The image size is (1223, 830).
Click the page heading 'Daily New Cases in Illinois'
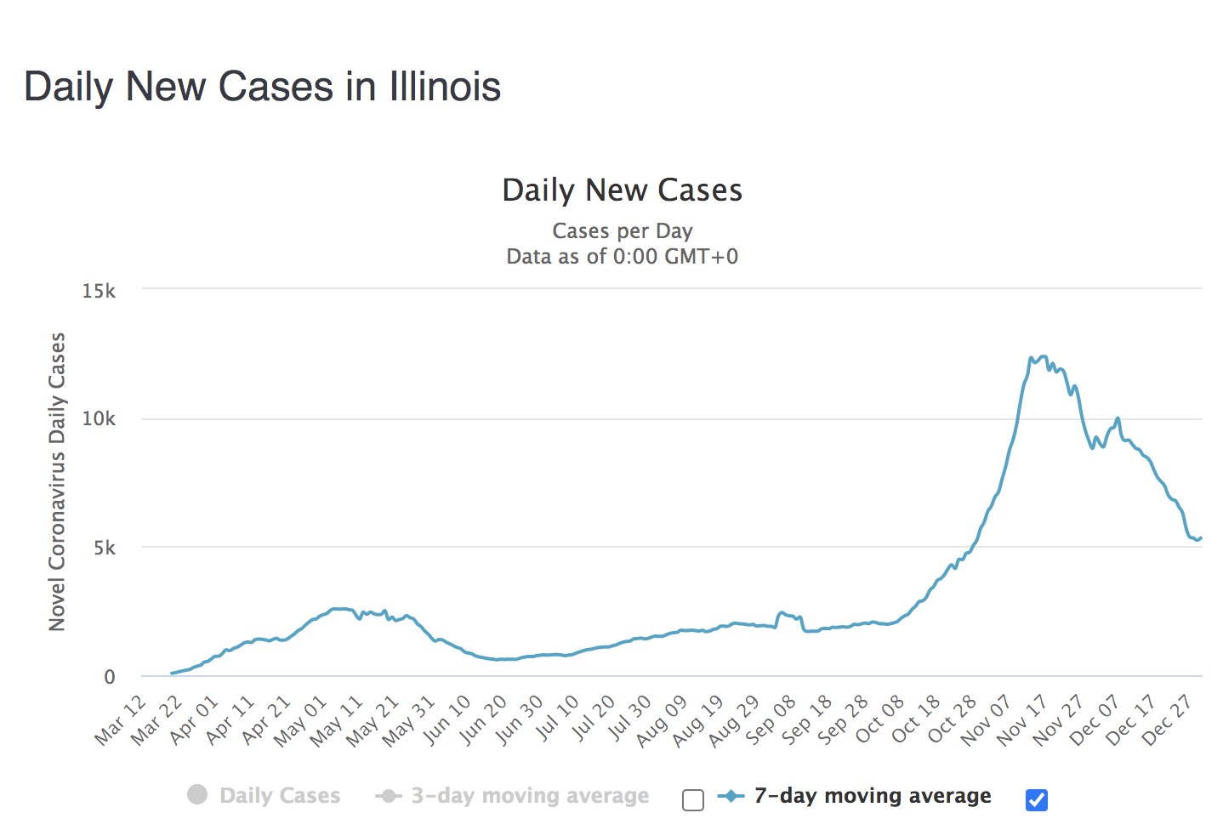point(262,87)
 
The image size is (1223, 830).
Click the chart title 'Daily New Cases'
point(622,190)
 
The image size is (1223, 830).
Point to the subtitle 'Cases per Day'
point(622,230)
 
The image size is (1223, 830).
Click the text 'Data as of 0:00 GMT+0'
point(622,256)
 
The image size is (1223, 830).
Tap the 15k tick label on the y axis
point(99,291)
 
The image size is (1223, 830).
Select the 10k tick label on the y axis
point(99,418)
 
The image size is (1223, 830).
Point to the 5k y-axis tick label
point(105,548)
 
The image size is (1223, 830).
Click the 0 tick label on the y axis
point(110,677)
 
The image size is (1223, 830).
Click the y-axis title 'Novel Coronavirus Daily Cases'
point(57,481)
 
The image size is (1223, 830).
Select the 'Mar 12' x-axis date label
point(122,719)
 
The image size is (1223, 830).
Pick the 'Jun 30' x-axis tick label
point(520,719)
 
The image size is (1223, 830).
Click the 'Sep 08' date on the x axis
point(772,719)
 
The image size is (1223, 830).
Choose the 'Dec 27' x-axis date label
point(1168,719)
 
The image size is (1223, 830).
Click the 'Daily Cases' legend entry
point(279,795)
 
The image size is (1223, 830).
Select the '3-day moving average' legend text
point(530,795)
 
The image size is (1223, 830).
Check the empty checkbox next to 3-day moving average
point(693,800)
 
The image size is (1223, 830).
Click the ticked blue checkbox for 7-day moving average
point(1036,800)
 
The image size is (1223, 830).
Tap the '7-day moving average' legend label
point(872,795)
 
